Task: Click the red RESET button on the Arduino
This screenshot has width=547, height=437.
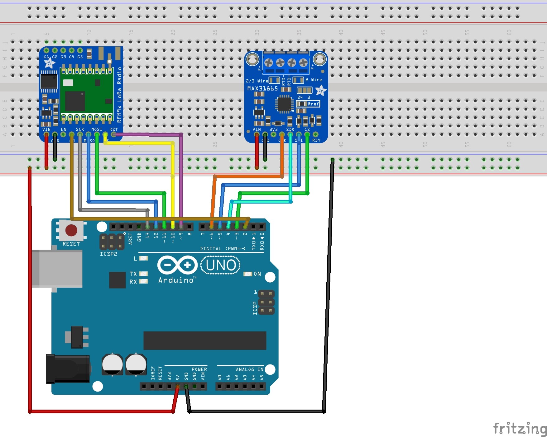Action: pyautogui.click(x=71, y=230)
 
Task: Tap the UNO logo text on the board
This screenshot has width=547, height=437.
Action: pyautogui.click(x=221, y=265)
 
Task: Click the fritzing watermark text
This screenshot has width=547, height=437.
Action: pyautogui.click(x=519, y=429)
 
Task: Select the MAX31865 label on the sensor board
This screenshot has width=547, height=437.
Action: pyautogui.click(x=262, y=88)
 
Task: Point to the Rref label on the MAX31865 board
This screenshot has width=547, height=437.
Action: pyautogui.click(x=313, y=104)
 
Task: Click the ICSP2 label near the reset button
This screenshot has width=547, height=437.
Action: pyautogui.click(x=108, y=254)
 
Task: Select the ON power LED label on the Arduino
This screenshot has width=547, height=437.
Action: pyautogui.click(x=257, y=274)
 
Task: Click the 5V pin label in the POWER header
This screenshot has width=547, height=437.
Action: pyautogui.click(x=178, y=378)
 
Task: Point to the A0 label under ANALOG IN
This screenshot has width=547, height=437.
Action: pyautogui.click(x=219, y=378)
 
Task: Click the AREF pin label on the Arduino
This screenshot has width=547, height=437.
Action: pyautogui.click(x=131, y=238)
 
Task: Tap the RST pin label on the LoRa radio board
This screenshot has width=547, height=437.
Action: pyautogui.click(x=113, y=129)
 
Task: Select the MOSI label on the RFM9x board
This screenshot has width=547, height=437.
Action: pyautogui.click(x=97, y=129)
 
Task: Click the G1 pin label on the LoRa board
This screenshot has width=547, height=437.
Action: pyautogui.click(x=46, y=57)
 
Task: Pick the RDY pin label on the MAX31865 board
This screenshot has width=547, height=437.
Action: pyautogui.click(x=316, y=140)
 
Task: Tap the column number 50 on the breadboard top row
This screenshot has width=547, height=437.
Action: pyautogui.click(x=425, y=32)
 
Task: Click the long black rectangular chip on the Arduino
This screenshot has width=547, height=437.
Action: pyautogui.click(x=205, y=341)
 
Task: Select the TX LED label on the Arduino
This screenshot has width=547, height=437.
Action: pyautogui.click(x=133, y=274)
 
